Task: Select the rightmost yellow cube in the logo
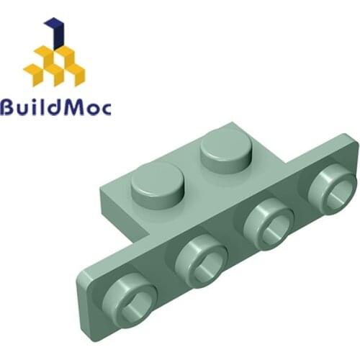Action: tap(73, 72)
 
